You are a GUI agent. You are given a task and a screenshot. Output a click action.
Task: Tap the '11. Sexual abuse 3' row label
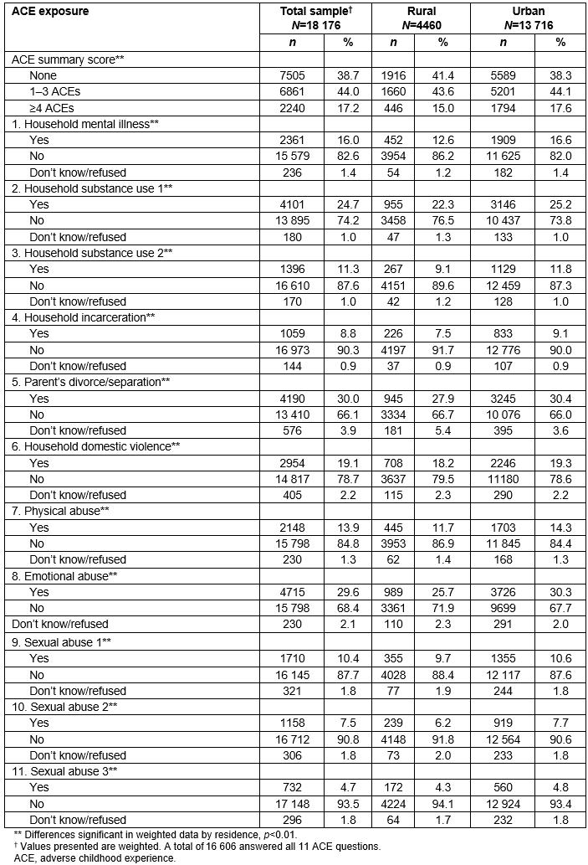coord(67,770)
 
